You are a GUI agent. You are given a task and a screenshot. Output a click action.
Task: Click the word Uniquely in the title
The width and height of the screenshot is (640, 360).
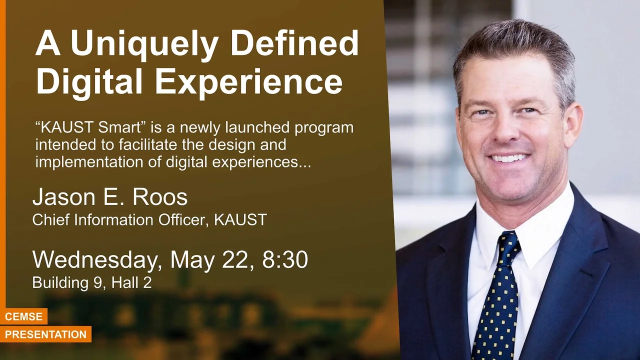click(x=145, y=45)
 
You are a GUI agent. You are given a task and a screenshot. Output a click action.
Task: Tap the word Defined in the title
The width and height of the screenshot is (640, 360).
click(x=294, y=42)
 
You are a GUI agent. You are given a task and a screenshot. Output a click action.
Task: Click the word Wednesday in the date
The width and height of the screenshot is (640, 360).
click(x=97, y=259)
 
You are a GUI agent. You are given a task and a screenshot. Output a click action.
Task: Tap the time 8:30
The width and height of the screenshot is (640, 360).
click(x=285, y=259)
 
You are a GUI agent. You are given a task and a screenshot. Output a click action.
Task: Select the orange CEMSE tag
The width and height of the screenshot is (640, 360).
click(x=23, y=316)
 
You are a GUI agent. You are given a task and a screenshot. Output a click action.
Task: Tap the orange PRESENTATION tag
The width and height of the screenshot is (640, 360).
click(x=45, y=334)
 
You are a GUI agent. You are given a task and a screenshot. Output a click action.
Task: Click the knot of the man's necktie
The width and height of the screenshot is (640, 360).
click(x=509, y=245)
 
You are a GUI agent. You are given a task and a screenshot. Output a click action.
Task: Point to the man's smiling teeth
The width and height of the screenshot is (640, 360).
click(x=509, y=158)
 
